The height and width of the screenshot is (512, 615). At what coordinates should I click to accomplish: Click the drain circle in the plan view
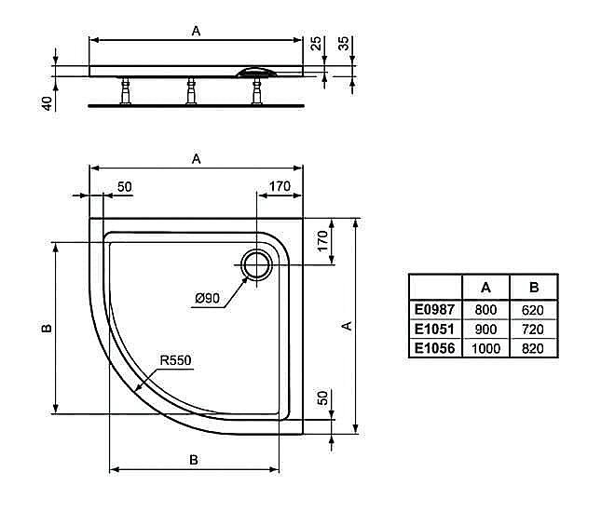coord(256,264)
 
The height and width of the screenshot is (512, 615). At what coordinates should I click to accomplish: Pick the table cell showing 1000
coord(486,348)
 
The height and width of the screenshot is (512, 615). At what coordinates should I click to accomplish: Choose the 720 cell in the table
coord(534,330)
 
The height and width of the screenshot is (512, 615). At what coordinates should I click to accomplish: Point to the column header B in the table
coord(534,288)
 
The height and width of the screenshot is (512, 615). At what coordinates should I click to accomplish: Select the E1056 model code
coord(434,348)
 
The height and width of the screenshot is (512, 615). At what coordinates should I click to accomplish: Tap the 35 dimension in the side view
coord(344,43)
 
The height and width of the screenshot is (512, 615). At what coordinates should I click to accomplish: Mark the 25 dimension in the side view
coord(316,43)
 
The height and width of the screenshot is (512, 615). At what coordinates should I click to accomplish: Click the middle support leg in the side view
coord(192,90)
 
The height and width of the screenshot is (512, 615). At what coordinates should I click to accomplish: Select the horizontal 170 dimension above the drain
coord(279,186)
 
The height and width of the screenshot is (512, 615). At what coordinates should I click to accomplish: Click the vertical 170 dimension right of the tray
coord(323,241)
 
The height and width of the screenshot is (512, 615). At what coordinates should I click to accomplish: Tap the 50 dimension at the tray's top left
coord(124,186)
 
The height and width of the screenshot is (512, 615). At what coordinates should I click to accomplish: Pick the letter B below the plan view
coord(194,459)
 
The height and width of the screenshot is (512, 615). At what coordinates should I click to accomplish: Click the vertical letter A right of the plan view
coord(346,326)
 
